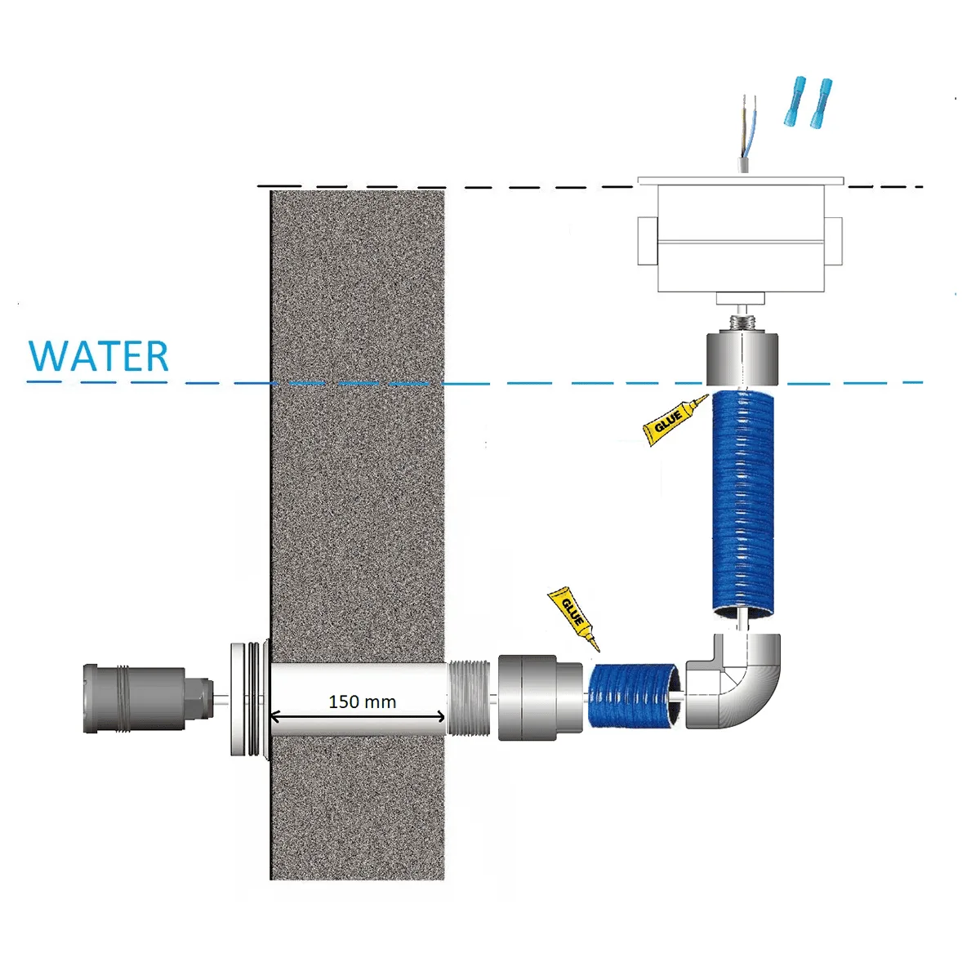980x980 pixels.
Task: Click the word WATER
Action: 98,356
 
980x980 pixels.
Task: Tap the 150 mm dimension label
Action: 362,702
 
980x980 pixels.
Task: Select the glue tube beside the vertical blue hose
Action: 675,420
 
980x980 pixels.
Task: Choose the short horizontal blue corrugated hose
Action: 633,695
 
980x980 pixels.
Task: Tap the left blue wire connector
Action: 795,101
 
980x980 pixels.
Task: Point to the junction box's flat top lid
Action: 741,180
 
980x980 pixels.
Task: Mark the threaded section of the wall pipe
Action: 469,697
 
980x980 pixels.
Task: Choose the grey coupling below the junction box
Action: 742,359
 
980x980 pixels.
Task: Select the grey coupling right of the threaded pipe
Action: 540,697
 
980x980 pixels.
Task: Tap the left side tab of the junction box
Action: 648,241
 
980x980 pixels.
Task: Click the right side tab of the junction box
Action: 834,241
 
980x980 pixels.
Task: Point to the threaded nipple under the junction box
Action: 743,323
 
